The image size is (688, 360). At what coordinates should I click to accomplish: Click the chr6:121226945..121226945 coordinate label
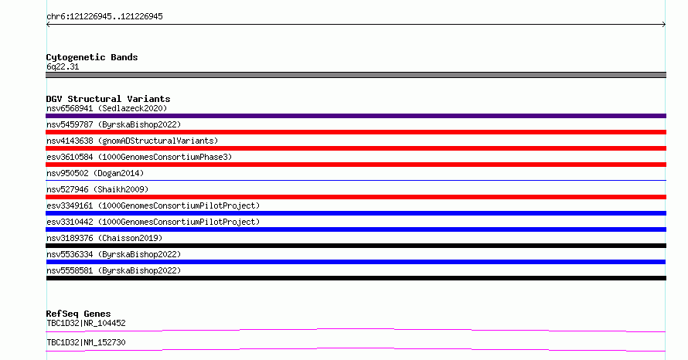[104, 17]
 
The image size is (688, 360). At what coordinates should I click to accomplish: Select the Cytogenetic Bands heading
[92, 57]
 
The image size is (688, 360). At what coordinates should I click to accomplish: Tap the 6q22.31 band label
[63, 67]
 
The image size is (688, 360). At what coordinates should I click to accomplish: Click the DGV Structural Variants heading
[108, 99]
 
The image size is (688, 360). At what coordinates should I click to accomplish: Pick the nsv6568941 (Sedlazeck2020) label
[107, 109]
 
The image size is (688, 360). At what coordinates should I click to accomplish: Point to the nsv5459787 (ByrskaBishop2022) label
[114, 125]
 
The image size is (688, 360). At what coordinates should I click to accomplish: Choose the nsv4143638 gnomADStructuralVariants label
[132, 141]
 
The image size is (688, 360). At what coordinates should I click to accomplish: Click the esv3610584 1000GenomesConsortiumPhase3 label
[139, 158]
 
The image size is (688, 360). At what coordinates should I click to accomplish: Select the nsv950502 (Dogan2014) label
[95, 174]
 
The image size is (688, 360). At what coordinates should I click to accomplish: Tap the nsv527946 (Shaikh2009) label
[97, 190]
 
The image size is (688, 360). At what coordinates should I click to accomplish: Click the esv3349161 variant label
[153, 206]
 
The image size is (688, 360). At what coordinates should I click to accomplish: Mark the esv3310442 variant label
[153, 222]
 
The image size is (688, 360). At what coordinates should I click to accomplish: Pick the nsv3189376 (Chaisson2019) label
[104, 239]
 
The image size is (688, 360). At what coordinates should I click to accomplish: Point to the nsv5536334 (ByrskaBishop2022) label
[114, 255]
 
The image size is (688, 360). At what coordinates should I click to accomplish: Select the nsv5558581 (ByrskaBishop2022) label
[114, 271]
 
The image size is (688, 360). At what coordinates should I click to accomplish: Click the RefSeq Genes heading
[78, 314]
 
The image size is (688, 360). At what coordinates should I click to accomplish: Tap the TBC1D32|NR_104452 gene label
[86, 324]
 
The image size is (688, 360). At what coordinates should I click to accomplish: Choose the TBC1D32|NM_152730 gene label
[86, 343]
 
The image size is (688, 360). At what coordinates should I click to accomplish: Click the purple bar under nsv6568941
[356, 116]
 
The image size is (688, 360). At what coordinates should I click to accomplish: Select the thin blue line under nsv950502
[356, 180]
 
